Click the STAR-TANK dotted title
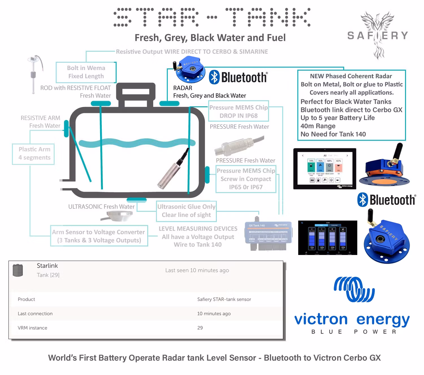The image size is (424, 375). pyautogui.click(x=212, y=18)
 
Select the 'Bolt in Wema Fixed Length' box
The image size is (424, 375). pyautogui.click(x=86, y=72)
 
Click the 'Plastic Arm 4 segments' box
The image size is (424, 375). pyautogui.click(x=33, y=153)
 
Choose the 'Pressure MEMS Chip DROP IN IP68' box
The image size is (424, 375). pyautogui.click(x=239, y=112)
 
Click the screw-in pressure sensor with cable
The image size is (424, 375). pyautogui.click(x=239, y=146)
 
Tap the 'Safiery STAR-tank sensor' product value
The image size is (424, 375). pyautogui.click(x=224, y=299)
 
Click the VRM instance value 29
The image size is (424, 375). pyautogui.click(x=200, y=328)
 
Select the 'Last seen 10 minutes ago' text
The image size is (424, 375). pyautogui.click(x=197, y=270)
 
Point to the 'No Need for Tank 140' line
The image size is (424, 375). pyautogui.click(x=333, y=134)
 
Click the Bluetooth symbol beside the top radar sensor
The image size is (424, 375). pyautogui.click(x=214, y=77)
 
